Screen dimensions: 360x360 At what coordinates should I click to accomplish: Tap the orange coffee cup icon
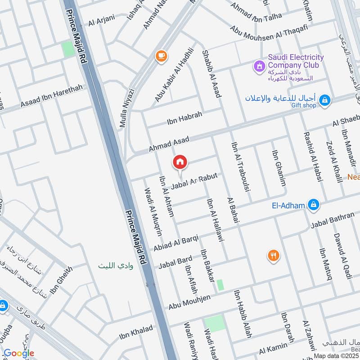160,56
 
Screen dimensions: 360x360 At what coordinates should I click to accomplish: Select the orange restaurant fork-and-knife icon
273,256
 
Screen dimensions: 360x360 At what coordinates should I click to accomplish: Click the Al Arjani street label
102,20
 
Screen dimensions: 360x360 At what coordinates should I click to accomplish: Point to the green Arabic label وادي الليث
116,265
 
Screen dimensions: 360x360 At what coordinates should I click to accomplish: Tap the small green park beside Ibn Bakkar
220,285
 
